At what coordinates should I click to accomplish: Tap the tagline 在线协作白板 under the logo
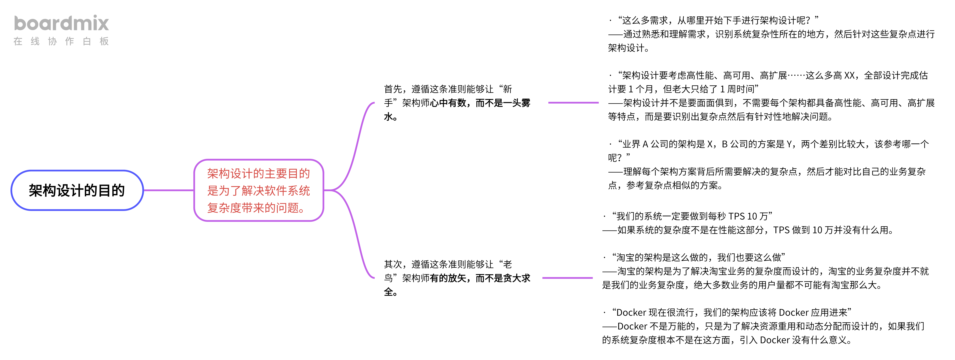pos(61,41)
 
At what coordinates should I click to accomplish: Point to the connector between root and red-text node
pos(169,190)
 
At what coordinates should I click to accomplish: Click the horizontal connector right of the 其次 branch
pos(567,278)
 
